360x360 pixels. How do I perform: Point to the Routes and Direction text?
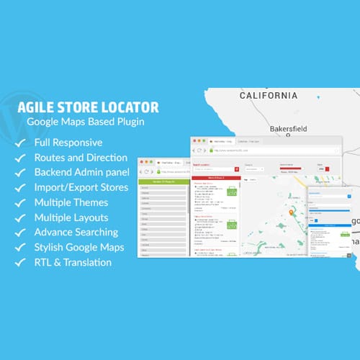[81, 157]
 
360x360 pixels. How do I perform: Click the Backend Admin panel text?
[82, 172]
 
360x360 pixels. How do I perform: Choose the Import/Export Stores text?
[81, 187]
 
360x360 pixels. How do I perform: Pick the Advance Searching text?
[76, 232]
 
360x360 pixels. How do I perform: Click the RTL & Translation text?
[73, 262]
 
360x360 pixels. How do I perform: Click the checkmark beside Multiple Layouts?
[19, 217]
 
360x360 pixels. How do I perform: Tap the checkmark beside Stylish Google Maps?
[19, 248]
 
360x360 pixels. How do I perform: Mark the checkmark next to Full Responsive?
[19, 143]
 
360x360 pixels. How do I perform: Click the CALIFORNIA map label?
[268, 95]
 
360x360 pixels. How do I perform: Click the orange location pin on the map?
[292, 213]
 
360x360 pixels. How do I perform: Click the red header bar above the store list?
[215, 176]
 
